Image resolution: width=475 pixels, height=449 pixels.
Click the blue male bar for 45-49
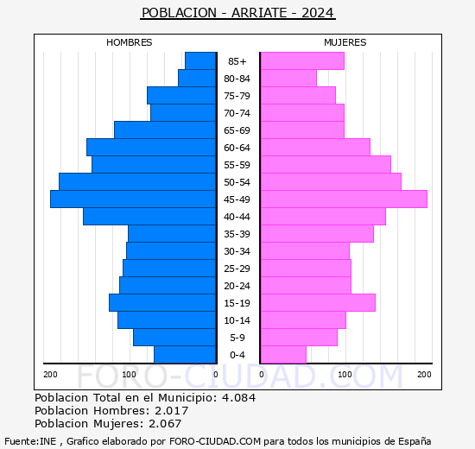133,199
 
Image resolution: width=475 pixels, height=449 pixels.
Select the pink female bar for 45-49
343,199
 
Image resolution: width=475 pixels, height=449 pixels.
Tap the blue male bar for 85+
200,61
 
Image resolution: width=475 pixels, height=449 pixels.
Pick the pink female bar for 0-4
282,355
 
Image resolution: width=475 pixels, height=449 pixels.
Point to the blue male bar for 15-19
162,303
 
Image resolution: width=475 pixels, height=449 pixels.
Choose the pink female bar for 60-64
314,148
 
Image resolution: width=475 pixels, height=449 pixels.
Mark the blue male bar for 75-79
181,96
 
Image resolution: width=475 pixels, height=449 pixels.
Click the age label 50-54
237,182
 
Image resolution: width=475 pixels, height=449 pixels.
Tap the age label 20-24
237,286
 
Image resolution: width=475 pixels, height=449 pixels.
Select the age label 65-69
237,130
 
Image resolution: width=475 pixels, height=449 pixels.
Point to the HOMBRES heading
130,42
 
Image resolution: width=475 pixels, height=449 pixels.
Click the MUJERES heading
345,42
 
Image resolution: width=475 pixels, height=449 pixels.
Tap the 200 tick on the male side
51,374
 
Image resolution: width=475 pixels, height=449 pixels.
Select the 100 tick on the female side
345,374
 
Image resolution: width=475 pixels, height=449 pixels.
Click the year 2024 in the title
315,13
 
